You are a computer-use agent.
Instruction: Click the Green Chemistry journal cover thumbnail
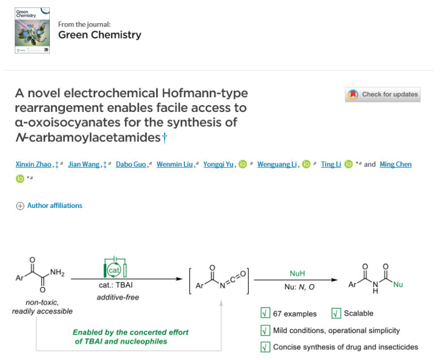(33, 31)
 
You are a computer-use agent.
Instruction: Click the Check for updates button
(383, 94)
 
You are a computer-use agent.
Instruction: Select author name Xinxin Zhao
(33, 164)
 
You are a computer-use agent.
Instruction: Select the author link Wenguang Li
(276, 164)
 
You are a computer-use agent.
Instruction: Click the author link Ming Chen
(396, 164)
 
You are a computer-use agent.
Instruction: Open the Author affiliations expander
(49, 206)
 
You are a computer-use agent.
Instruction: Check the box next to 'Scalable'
(336, 314)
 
